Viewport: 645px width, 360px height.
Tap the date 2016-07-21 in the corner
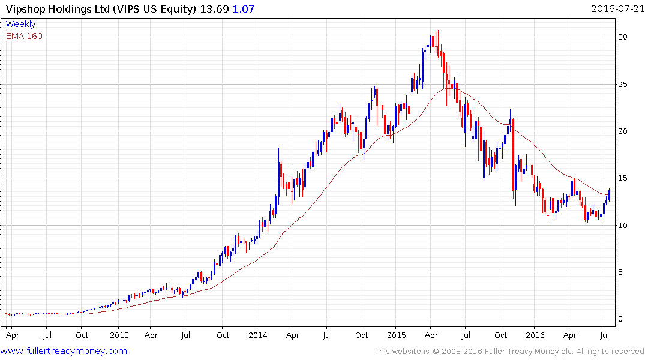(x=616, y=8)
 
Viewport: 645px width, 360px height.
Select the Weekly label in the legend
(x=20, y=25)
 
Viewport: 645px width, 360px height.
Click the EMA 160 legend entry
(x=24, y=36)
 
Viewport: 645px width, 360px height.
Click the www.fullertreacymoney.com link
(x=64, y=351)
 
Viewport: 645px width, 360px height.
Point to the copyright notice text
(x=509, y=352)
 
